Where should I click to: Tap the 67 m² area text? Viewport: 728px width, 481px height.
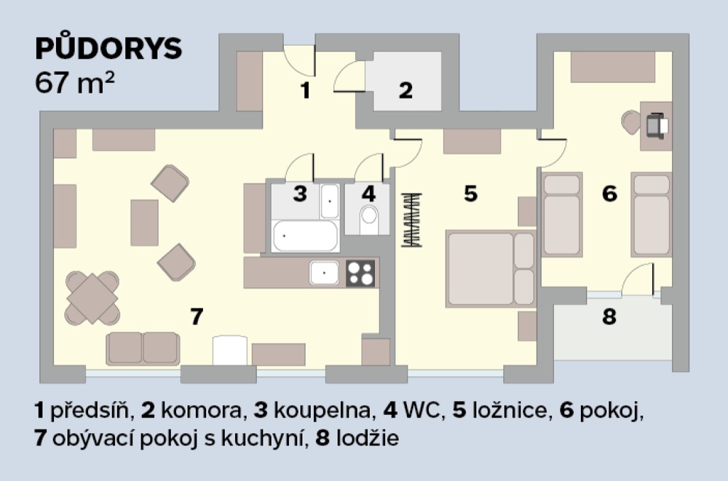tap(74, 84)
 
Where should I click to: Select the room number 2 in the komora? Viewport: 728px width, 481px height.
tap(405, 90)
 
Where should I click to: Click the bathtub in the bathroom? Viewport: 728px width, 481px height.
tap(306, 236)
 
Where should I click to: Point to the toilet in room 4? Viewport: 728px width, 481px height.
tap(369, 220)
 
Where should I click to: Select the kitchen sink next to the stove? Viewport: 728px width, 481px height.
tap(324, 273)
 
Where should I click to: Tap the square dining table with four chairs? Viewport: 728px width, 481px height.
tap(92, 298)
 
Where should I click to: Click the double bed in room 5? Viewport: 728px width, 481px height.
tap(491, 269)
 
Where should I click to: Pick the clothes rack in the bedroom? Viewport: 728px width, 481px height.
tap(411, 220)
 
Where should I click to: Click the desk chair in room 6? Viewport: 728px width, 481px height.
tap(630, 122)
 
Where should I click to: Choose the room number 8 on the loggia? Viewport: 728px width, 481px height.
tap(609, 317)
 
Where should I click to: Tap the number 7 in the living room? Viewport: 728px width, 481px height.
tap(197, 317)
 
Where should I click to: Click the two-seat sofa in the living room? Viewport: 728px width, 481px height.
tap(143, 349)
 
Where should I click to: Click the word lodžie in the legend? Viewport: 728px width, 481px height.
tap(367, 438)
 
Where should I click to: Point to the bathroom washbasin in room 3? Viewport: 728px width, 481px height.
tap(330, 201)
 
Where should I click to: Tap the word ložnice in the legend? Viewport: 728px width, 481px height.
tap(510, 411)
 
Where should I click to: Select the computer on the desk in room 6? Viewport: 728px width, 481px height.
tap(657, 125)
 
